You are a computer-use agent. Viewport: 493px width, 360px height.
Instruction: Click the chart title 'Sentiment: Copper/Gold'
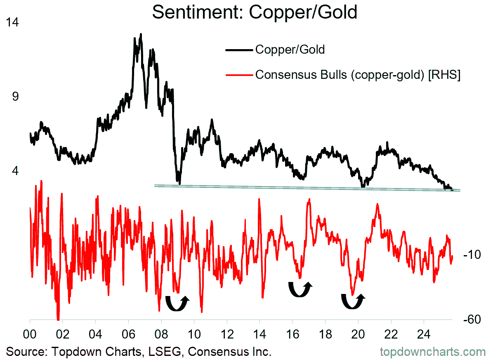[x=255, y=12]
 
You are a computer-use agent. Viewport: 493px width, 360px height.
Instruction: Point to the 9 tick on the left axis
[x=16, y=96]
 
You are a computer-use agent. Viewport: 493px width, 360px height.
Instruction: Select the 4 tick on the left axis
[x=16, y=170]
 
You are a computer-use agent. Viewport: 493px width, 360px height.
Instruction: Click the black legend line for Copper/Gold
[x=239, y=50]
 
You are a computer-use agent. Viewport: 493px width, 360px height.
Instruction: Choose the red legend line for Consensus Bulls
[x=239, y=75]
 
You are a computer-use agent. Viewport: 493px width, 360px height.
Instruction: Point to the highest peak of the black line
[x=141, y=34]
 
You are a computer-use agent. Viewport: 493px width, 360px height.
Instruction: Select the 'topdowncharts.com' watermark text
[x=432, y=352]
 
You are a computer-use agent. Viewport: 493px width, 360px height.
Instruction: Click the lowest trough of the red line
[x=58, y=319]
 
